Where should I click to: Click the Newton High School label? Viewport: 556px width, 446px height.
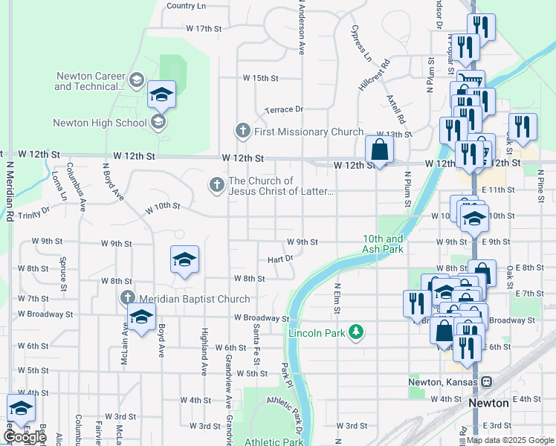100,123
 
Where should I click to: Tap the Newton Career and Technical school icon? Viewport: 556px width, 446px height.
136,80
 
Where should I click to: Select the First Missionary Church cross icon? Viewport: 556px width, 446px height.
242,132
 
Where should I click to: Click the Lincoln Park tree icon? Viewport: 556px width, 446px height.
356,332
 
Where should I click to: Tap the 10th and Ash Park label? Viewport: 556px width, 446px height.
383,245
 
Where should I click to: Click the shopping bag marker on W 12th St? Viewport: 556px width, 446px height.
380,149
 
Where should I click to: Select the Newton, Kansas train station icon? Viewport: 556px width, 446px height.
486,382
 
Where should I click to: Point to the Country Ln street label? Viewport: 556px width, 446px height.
186,6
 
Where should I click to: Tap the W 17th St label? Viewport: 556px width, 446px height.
204,28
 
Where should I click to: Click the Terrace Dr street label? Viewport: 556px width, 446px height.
284,109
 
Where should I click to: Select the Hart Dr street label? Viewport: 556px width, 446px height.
280,259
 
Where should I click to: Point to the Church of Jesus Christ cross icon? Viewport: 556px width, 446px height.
216,184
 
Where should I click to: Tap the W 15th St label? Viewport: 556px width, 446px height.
260,78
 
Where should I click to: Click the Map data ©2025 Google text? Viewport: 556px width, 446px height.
509,440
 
